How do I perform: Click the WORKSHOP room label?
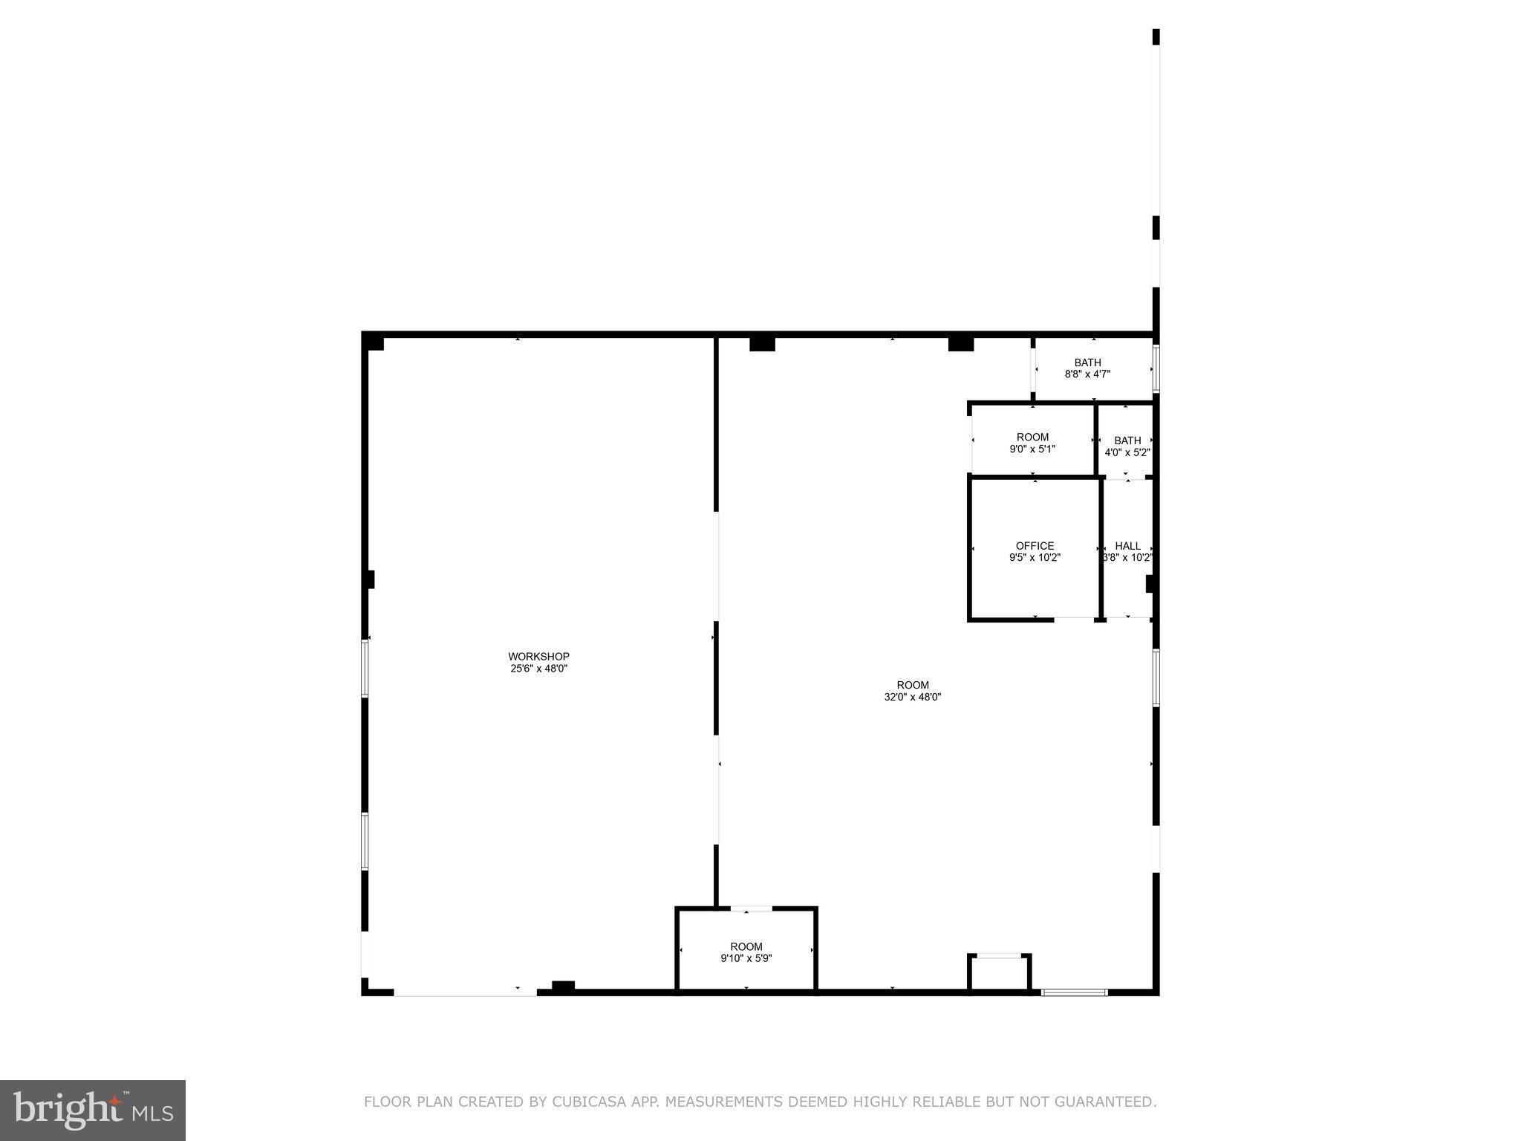538,657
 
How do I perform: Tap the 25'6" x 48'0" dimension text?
538,669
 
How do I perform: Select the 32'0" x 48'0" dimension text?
913,697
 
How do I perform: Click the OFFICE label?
1035,546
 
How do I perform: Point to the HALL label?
1127,546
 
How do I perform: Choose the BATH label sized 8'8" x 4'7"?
1087,363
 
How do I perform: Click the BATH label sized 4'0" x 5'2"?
1127,441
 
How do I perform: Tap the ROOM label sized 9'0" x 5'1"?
1032,437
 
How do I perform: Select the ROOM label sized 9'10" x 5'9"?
746,946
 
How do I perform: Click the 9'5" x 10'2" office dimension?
1035,558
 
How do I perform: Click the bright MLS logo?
93,1111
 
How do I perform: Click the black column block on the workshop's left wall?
369,579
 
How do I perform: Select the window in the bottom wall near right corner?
1074,992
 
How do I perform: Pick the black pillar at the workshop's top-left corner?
374,343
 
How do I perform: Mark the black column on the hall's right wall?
1150,584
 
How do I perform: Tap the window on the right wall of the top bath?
1156,368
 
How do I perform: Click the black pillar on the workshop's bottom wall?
563,986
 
